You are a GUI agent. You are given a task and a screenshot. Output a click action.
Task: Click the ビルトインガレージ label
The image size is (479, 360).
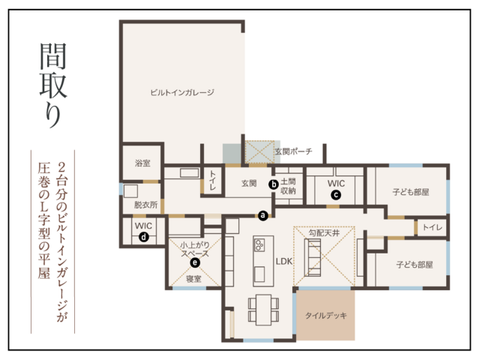click(x=181, y=92)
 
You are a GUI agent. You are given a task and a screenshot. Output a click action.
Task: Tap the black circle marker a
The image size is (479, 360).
click(x=262, y=215)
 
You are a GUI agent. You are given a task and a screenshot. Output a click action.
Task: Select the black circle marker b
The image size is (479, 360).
click(x=274, y=183)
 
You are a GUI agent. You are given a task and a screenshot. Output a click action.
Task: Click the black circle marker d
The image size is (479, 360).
click(x=143, y=236)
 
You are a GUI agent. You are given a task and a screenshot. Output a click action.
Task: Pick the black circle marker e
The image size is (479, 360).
click(x=195, y=262)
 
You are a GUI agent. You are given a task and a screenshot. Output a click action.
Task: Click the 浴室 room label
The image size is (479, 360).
click(x=142, y=162)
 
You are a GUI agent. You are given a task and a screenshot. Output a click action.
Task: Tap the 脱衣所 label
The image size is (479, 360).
click(x=145, y=204)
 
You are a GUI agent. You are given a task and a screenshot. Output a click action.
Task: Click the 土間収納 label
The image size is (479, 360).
click(x=288, y=187)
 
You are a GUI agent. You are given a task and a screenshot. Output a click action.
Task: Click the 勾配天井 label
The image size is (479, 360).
click(x=324, y=233)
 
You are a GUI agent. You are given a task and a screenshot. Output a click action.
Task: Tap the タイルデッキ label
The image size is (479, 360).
click(x=326, y=316)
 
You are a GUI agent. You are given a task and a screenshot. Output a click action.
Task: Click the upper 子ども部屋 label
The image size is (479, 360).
click(x=410, y=193)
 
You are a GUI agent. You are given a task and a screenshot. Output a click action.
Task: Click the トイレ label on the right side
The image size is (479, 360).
click(x=433, y=226)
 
